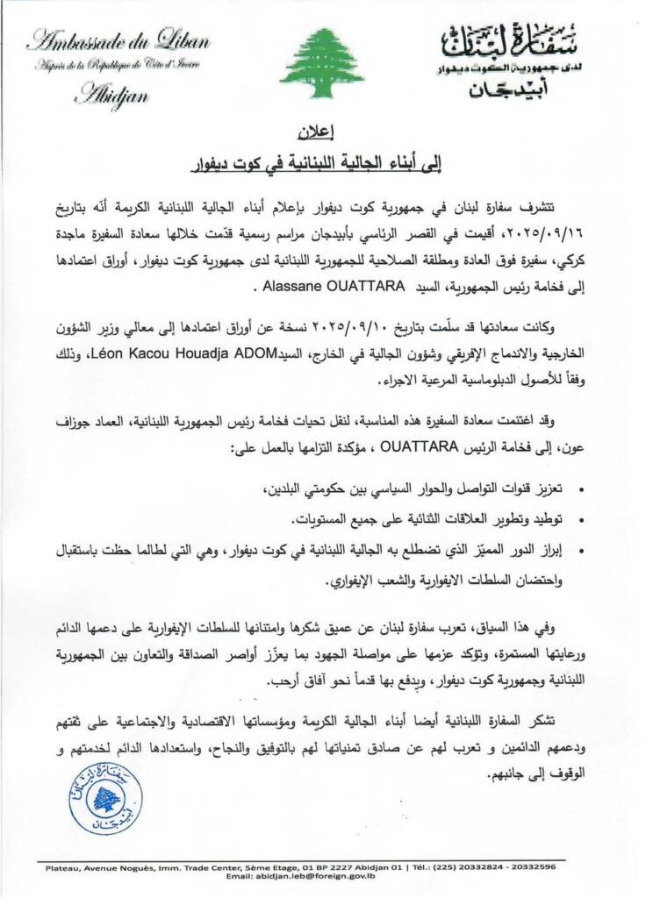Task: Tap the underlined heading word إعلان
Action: tap(326, 135)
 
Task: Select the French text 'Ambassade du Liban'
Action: tap(106, 40)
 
